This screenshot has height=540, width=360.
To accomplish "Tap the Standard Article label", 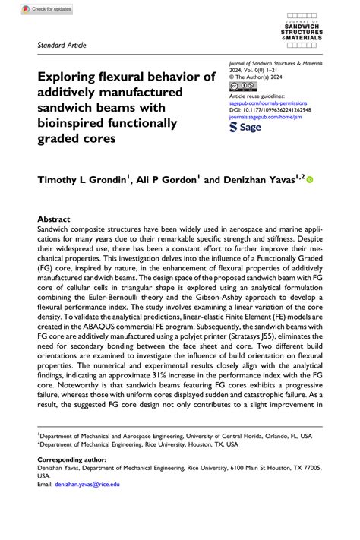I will (x=62, y=45).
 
